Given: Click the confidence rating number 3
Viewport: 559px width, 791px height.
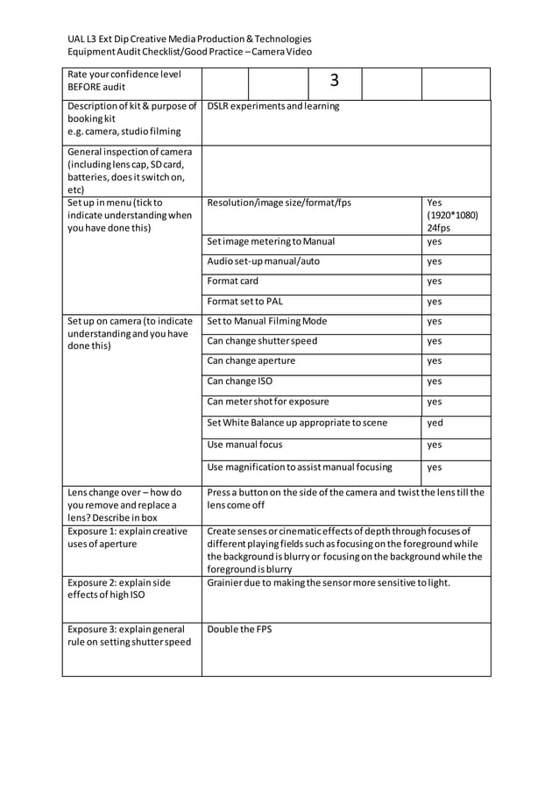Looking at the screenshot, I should click(x=334, y=82).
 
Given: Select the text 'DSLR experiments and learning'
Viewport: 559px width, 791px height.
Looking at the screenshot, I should click(x=272, y=107).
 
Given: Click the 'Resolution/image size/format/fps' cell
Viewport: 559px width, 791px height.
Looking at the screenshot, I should click(x=279, y=203).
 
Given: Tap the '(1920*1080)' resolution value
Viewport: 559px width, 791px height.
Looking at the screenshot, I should click(x=453, y=215).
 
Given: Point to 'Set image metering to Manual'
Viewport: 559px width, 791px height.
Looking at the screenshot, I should click(x=271, y=241).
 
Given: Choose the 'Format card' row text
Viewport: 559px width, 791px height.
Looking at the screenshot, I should click(x=233, y=281).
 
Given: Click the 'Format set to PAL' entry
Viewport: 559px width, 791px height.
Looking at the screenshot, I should click(x=244, y=302).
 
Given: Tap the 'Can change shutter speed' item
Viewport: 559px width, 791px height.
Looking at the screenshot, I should click(x=262, y=341).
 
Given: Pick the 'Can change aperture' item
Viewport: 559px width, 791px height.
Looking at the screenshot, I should click(x=251, y=360).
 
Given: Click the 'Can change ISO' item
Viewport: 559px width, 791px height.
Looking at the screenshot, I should click(x=239, y=381).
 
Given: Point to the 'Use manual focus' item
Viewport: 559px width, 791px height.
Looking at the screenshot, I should click(x=244, y=445).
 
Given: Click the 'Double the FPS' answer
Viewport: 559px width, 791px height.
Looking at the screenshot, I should click(x=239, y=629).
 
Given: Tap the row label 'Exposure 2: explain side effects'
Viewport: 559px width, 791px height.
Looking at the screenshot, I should click(x=119, y=588).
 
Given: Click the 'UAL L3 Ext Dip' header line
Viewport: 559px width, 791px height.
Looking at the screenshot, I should click(x=189, y=39).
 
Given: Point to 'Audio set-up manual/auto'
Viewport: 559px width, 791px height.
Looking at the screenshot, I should click(x=263, y=261).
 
